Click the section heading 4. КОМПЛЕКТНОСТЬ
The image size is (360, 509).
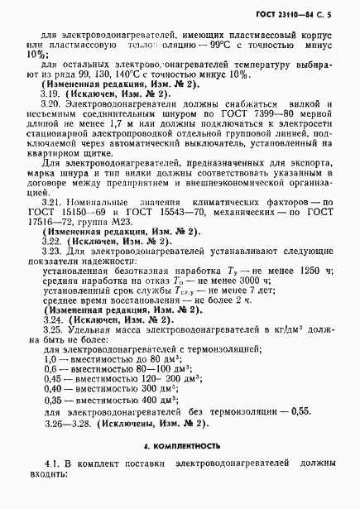pos(180,445)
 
